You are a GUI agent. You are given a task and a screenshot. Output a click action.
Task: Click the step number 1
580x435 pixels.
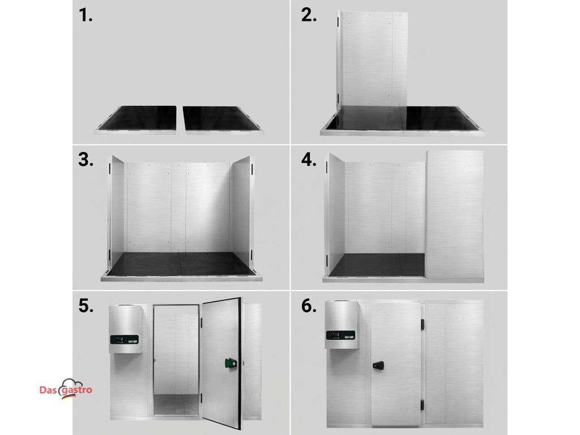[86, 15]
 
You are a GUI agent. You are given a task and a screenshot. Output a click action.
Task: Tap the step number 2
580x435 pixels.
[309, 15]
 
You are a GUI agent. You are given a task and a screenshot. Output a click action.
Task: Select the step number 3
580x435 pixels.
[86, 160]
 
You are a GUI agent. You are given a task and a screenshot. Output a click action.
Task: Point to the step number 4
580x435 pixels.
[309, 160]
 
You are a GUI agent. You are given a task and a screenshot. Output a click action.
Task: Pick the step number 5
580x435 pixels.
[86, 306]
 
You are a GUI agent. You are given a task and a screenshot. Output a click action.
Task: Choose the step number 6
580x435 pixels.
[309, 306]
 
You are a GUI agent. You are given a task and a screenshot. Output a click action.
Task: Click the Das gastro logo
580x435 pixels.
[66, 389]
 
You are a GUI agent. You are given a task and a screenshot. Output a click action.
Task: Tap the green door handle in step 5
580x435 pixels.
[231, 363]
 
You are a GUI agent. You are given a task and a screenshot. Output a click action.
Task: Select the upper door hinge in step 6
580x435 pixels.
[422, 324]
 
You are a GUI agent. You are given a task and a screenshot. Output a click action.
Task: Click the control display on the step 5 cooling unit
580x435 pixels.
[124, 339]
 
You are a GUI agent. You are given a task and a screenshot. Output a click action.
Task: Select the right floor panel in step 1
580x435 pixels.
[222, 120]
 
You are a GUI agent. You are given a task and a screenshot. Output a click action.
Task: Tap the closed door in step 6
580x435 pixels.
[394, 364]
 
